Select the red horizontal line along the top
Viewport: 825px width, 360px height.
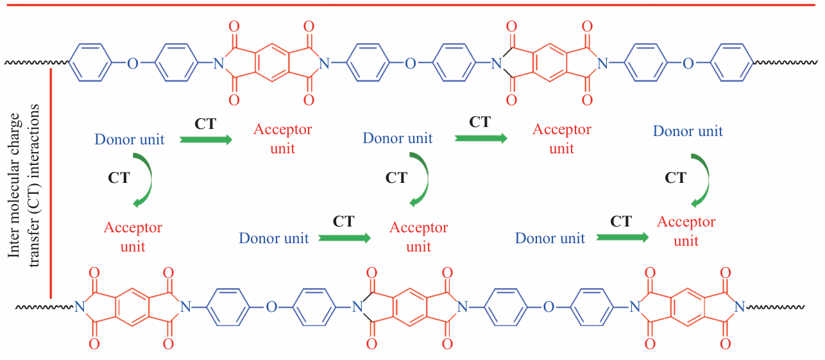pos(411,4)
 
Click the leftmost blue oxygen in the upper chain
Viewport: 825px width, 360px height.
pos(133,63)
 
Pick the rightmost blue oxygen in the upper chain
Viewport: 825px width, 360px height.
pos(688,63)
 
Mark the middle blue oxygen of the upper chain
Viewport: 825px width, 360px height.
pos(411,63)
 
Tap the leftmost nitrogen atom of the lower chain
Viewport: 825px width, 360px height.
pos(80,307)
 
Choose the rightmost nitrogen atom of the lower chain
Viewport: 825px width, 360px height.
pos(740,307)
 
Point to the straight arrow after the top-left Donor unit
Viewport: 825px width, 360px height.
pos(205,139)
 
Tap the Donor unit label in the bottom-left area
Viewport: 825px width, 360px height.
pos(274,238)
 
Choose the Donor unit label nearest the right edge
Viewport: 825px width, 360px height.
pos(688,132)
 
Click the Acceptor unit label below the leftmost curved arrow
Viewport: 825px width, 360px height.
pos(133,237)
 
